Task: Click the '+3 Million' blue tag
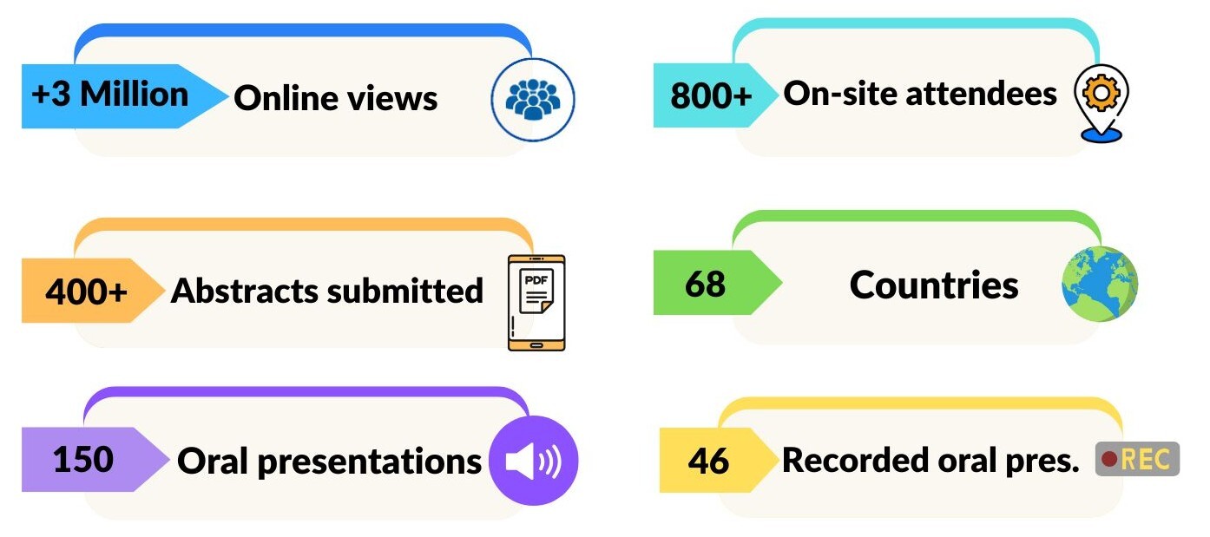[110, 94]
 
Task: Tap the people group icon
[533, 99]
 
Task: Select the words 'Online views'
[335, 98]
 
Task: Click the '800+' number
[711, 95]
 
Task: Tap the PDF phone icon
[536, 302]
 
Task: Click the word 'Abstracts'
[244, 291]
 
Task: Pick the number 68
[704, 284]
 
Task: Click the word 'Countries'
[934, 285]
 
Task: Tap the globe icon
[1099, 284]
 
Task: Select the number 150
[83, 459]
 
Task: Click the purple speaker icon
[532, 461]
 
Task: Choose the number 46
[708, 461]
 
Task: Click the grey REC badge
[1137, 459]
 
